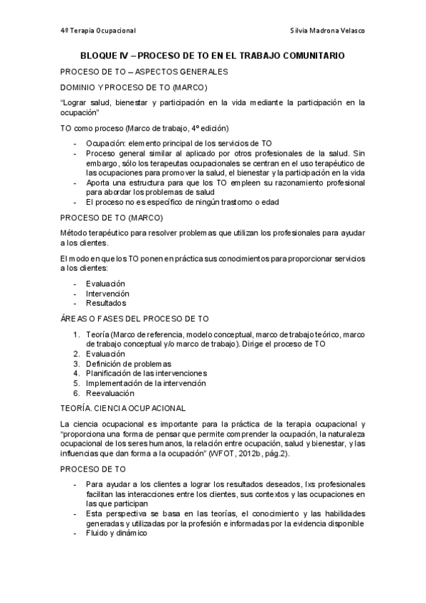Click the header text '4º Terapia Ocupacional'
tap(98, 31)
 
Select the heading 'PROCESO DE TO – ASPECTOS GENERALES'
tap(144, 72)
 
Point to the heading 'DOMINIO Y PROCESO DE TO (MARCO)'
tap(134, 87)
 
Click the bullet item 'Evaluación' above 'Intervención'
tap(105, 283)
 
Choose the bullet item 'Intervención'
tap(107, 293)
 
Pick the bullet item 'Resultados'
tap(106, 303)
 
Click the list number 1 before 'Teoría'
tap(77, 334)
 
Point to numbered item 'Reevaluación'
tap(110, 393)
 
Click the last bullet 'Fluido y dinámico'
tap(116, 534)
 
